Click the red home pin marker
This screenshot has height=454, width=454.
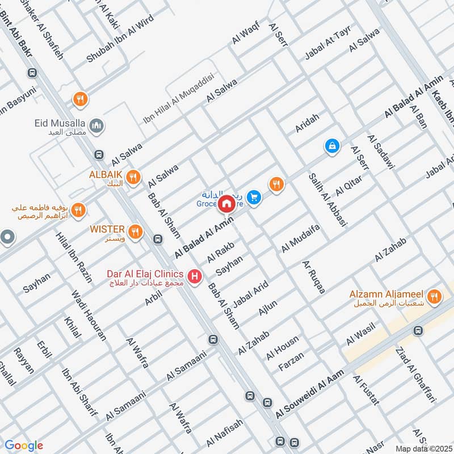pyautogui.click(x=226, y=204)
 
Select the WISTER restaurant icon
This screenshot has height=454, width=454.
pyautogui.click(x=135, y=231)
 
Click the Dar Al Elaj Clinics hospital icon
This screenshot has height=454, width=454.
pyautogui.click(x=195, y=277)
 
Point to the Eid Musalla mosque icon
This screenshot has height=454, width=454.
pyautogui.click(x=96, y=125)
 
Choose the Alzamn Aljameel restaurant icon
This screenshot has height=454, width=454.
pyautogui.click(x=434, y=296)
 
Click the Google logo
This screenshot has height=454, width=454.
pyautogui.click(x=24, y=445)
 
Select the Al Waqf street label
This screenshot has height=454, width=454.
pyautogui.click(x=245, y=35)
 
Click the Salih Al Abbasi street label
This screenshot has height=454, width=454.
pyautogui.click(x=327, y=200)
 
